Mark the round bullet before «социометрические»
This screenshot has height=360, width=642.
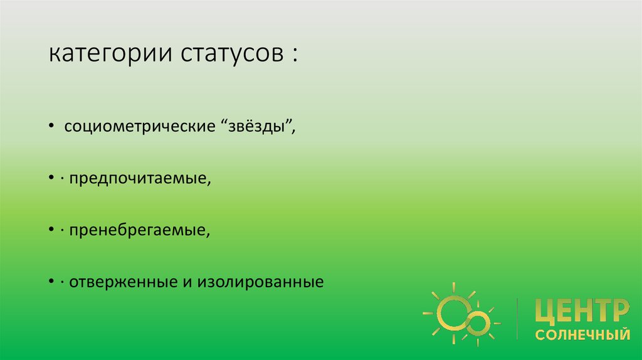51,128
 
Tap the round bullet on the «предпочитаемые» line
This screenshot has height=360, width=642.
51,180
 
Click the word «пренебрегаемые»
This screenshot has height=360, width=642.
137,231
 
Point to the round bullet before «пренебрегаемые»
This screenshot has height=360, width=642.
51,231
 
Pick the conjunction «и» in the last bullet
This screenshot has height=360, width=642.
187,283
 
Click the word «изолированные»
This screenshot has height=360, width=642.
261,282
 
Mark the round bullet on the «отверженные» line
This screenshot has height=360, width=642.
51,283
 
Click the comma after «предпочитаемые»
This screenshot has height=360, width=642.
209,183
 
